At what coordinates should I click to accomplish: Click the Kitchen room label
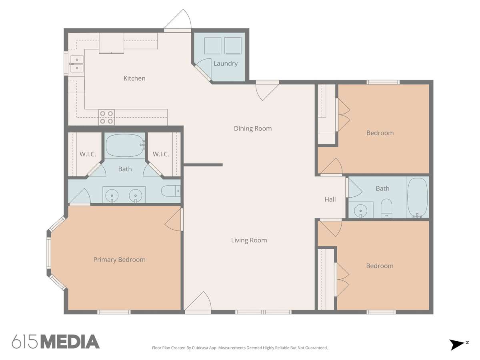[x=134, y=78]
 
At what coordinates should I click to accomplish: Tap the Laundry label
[x=226, y=64]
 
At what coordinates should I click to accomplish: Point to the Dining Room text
[x=253, y=128]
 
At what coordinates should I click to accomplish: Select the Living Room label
[x=249, y=240]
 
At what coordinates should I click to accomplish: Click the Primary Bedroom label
[x=119, y=260]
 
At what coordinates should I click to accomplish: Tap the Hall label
[x=330, y=199]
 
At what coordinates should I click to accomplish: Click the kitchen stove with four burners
[x=106, y=117]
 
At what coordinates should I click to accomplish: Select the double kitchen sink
[x=77, y=64]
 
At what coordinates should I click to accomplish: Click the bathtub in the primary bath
[x=125, y=145]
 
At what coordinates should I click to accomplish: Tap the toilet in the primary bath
[x=171, y=191]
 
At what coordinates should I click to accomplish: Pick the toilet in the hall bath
[x=386, y=208]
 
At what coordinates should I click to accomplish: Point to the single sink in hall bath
[x=360, y=210]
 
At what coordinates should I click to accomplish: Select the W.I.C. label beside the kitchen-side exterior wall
[x=88, y=154]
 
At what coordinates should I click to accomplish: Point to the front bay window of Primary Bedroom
[x=49, y=253]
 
